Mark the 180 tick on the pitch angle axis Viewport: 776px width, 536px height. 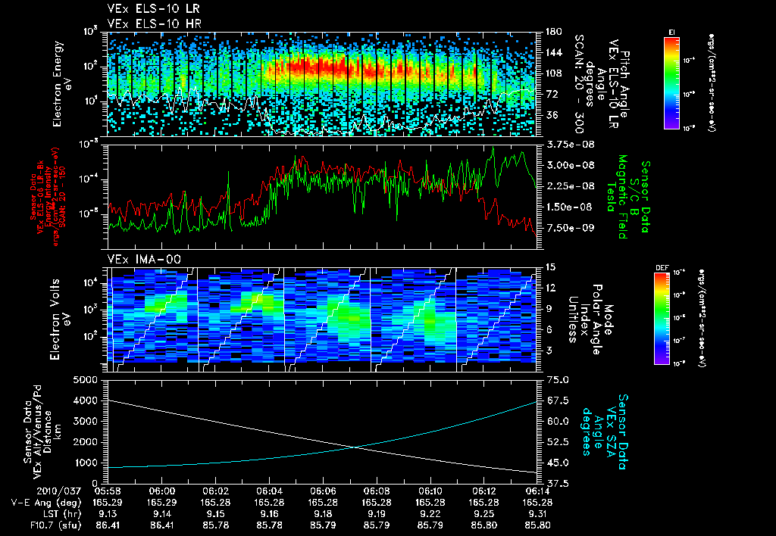[552, 32]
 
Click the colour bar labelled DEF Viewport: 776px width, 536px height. [671, 318]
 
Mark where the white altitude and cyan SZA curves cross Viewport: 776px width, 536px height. [356, 447]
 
